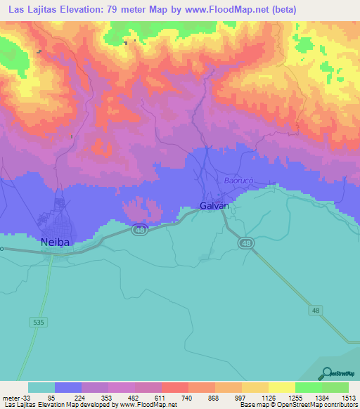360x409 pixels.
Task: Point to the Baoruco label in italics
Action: coord(238,181)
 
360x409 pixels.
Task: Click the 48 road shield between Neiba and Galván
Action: coord(139,231)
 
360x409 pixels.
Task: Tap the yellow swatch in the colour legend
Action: coord(281,387)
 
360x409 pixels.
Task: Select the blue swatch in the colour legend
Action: coord(68,387)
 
